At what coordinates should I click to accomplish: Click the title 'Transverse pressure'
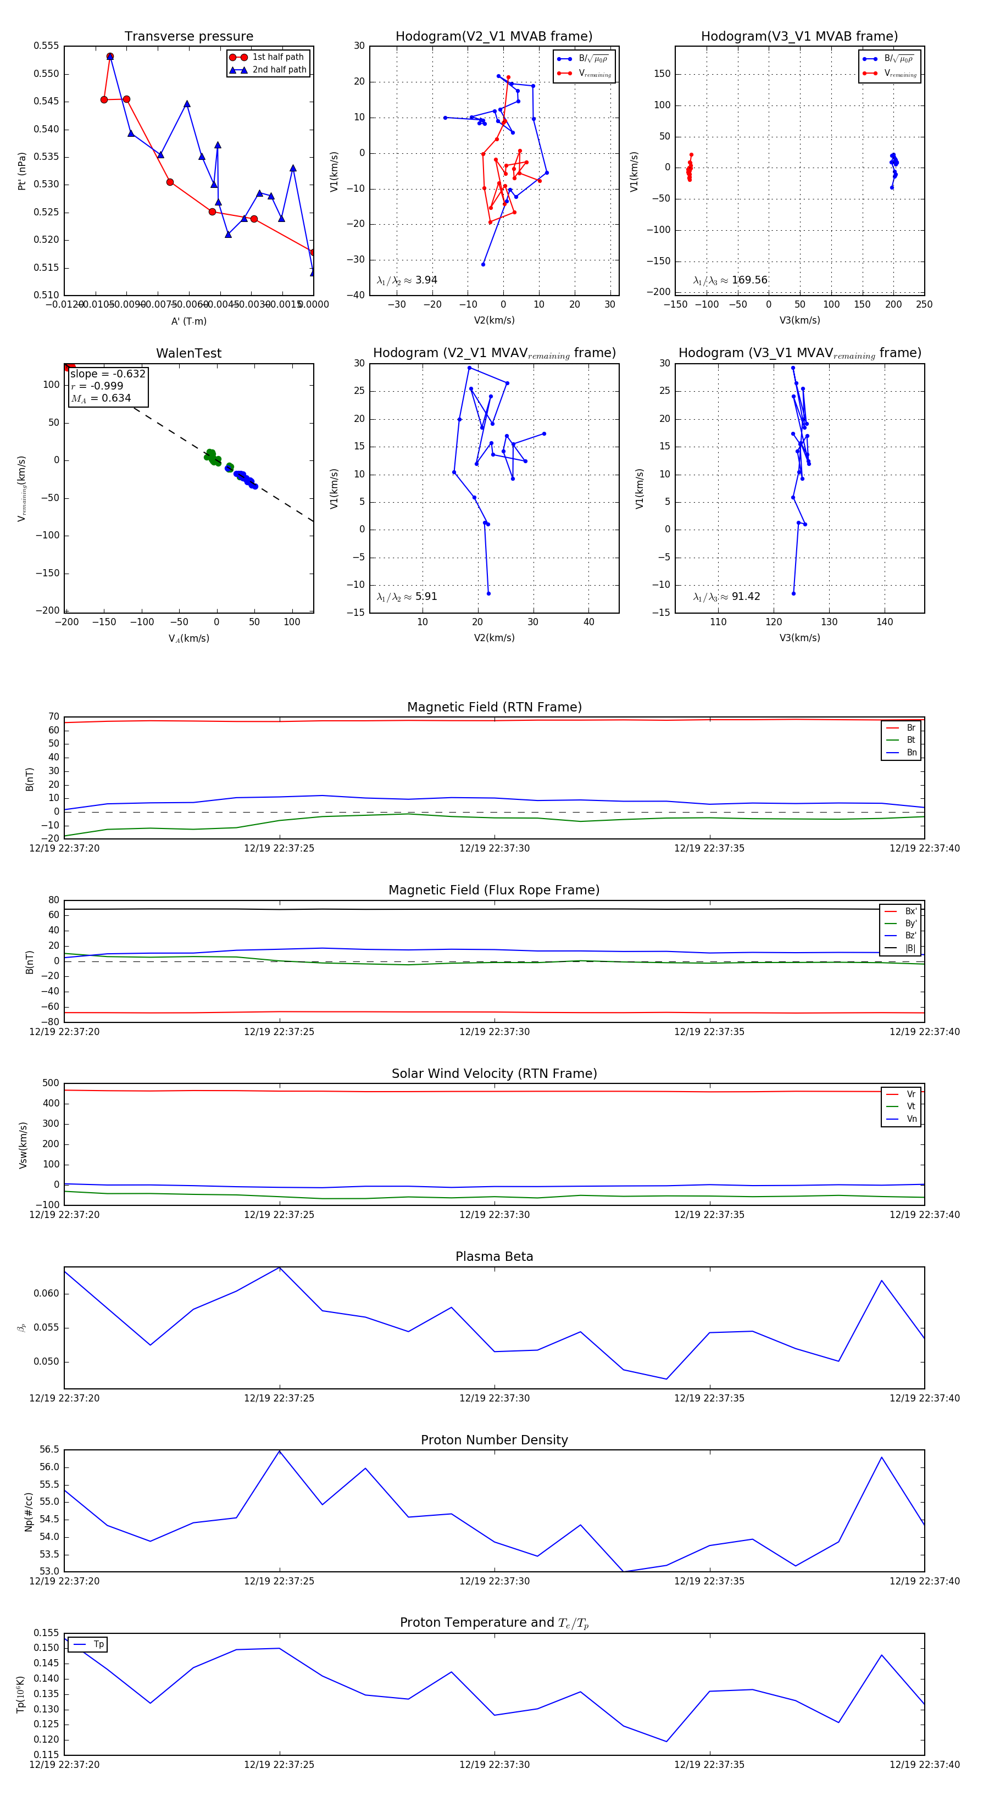pos(188,37)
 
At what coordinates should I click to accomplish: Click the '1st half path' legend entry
pos(277,57)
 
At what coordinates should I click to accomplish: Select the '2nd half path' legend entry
pos(279,70)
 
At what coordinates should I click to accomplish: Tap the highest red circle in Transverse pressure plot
pos(110,56)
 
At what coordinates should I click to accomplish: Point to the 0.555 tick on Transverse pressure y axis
pos(47,46)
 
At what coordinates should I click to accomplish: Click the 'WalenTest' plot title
pos(188,353)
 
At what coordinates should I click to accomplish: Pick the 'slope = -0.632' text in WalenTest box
pos(108,374)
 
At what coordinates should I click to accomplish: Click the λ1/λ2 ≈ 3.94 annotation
pos(407,280)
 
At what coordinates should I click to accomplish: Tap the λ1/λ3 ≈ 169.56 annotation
pos(730,280)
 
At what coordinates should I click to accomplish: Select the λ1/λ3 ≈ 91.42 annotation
pos(726,597)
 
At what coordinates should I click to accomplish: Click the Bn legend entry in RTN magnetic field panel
pos(911,752)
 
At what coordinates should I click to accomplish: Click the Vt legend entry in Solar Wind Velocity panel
pos(911,1106)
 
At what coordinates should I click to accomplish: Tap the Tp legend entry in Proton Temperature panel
pos(98,1644)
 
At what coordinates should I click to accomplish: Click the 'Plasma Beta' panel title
pos(494,1256)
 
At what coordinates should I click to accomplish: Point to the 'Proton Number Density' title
pos(494,1439)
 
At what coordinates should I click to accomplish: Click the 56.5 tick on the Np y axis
pos(49,1450)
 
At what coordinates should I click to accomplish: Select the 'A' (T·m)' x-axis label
pos(188,321)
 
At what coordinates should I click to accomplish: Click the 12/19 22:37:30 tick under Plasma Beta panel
pos(494,1398)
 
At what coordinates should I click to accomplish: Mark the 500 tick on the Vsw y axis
pos(51,1083)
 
